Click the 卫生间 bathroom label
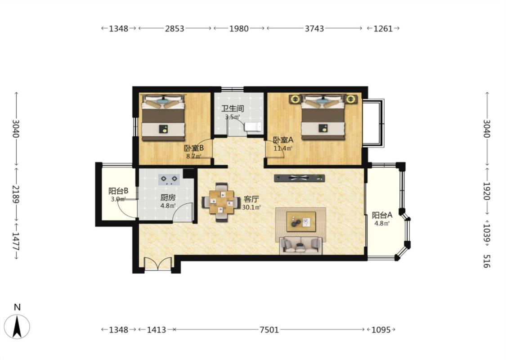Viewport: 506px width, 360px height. [x=233, y=108]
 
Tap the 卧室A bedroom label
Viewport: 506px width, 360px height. [x=283, y=140]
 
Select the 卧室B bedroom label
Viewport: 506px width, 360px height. [x=193, y=148]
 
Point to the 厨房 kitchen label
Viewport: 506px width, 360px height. [x=168, y=197]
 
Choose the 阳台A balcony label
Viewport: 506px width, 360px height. [x=382, y=215]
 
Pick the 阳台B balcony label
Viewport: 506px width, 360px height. [x=118, y=191]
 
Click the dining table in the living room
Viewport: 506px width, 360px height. [x=221, y=202]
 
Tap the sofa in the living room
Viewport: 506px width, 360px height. [x=301, y=245]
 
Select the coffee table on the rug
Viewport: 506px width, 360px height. [x=301, y=222]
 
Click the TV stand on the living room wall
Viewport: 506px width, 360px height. [x=300, y=178]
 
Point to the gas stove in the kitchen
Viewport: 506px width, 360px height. [x=169, y=179]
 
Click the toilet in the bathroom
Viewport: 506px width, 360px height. [x=253, y=127]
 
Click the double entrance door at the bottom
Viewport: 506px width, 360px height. [x=158, y=263]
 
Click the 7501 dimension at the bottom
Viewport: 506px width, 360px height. [x=269, y=330]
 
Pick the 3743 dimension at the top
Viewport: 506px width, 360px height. [x=314, y=28]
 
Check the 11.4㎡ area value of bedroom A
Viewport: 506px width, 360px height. [x=283, y=148]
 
